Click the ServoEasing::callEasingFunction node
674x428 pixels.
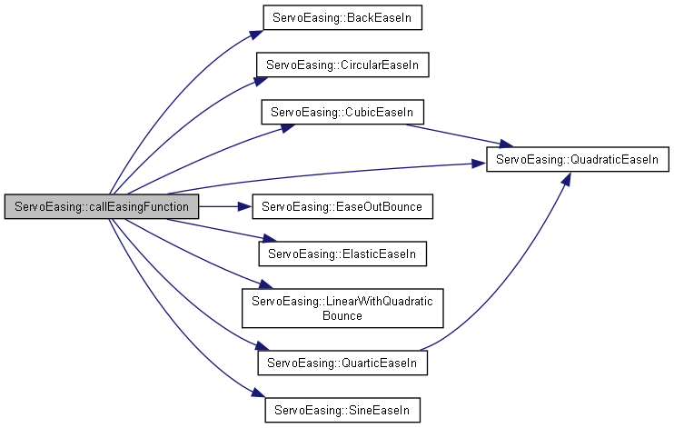[102, 206]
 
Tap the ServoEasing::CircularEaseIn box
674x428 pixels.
[342, 65]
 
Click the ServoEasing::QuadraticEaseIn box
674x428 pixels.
[579, 160]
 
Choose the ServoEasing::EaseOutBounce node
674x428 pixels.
[342, 206]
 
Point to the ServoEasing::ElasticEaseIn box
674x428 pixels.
[342, 254]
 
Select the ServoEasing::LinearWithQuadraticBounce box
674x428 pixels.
[342, 308]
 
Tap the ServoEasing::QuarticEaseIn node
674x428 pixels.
[342, 363]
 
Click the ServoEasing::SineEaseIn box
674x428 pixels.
[342, 410]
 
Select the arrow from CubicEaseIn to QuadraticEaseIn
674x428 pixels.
[454, 134]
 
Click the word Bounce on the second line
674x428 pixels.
[342, 316]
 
